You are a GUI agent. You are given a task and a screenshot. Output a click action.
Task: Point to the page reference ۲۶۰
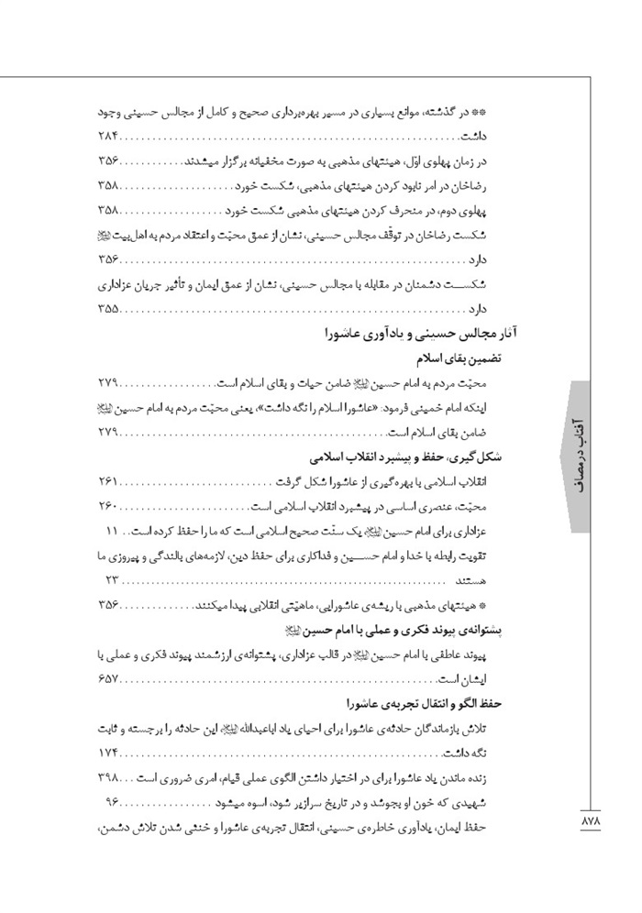click(x=108, y=507)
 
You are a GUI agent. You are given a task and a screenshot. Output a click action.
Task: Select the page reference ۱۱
click(x=113, y=531)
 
